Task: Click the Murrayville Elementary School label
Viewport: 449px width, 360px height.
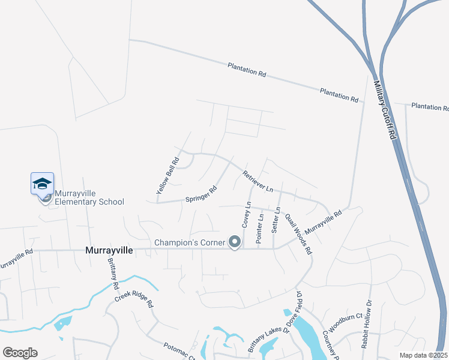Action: (x=89, y=197)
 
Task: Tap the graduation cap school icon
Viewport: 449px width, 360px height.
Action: (x=43, y=184)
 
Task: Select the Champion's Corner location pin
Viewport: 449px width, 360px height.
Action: (x=235, y=242)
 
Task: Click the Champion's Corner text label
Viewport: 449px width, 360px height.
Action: (x=189, y=242)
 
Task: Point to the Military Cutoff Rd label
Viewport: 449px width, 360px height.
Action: (x=385, y=111)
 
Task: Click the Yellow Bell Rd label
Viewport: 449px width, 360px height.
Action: (x=168, y=175)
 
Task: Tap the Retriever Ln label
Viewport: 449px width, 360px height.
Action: (x=258, y=181)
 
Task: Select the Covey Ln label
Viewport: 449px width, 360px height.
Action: (x=246, y=214)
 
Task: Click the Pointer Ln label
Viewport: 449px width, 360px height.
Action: (x=260, y=228)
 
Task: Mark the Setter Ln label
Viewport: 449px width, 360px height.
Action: (x=276, y=220)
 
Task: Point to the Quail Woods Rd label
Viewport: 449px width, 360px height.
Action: (x=298, y=235)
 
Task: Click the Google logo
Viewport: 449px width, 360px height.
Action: (x=20, y=352)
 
